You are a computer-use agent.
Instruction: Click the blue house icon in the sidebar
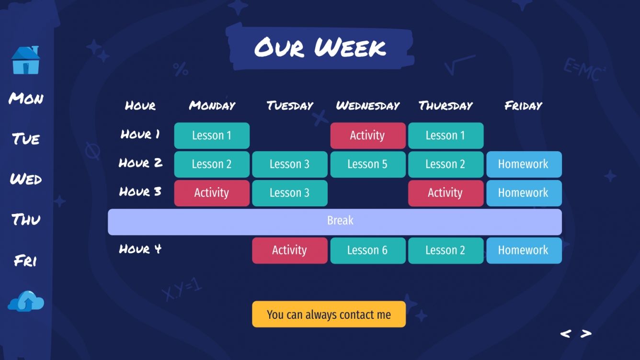[x=26, y=60]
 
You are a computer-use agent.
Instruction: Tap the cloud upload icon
[x=26, y=301]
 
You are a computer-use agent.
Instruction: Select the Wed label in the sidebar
[x=26, y=180]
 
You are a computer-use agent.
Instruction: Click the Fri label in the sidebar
[x=26, y=261]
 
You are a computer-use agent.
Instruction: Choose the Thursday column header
[x=446, y=106]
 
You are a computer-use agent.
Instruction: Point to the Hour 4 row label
[x=140, y=249]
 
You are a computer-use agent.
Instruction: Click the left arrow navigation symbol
[x=566, y=334]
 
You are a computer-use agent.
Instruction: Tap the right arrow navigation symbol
[x=586, y=334]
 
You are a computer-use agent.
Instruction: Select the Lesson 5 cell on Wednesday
[x=367, y=164]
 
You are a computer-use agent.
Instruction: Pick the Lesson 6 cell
[x=367, y=250]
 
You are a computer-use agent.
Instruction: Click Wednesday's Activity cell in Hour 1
[x=367, y=135]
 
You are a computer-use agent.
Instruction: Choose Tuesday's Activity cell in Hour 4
[x=290, y=250]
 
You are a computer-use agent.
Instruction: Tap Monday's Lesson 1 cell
[x=212, y=135]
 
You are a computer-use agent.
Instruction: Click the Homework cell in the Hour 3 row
[x=524, y=193]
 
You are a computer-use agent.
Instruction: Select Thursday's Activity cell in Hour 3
[x=446, y=193]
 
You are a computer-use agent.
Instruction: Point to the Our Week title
[x=320, y=47]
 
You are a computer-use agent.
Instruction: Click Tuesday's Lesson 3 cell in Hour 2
[x=290, y=164]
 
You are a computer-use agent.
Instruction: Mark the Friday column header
[x=523, y=106]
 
